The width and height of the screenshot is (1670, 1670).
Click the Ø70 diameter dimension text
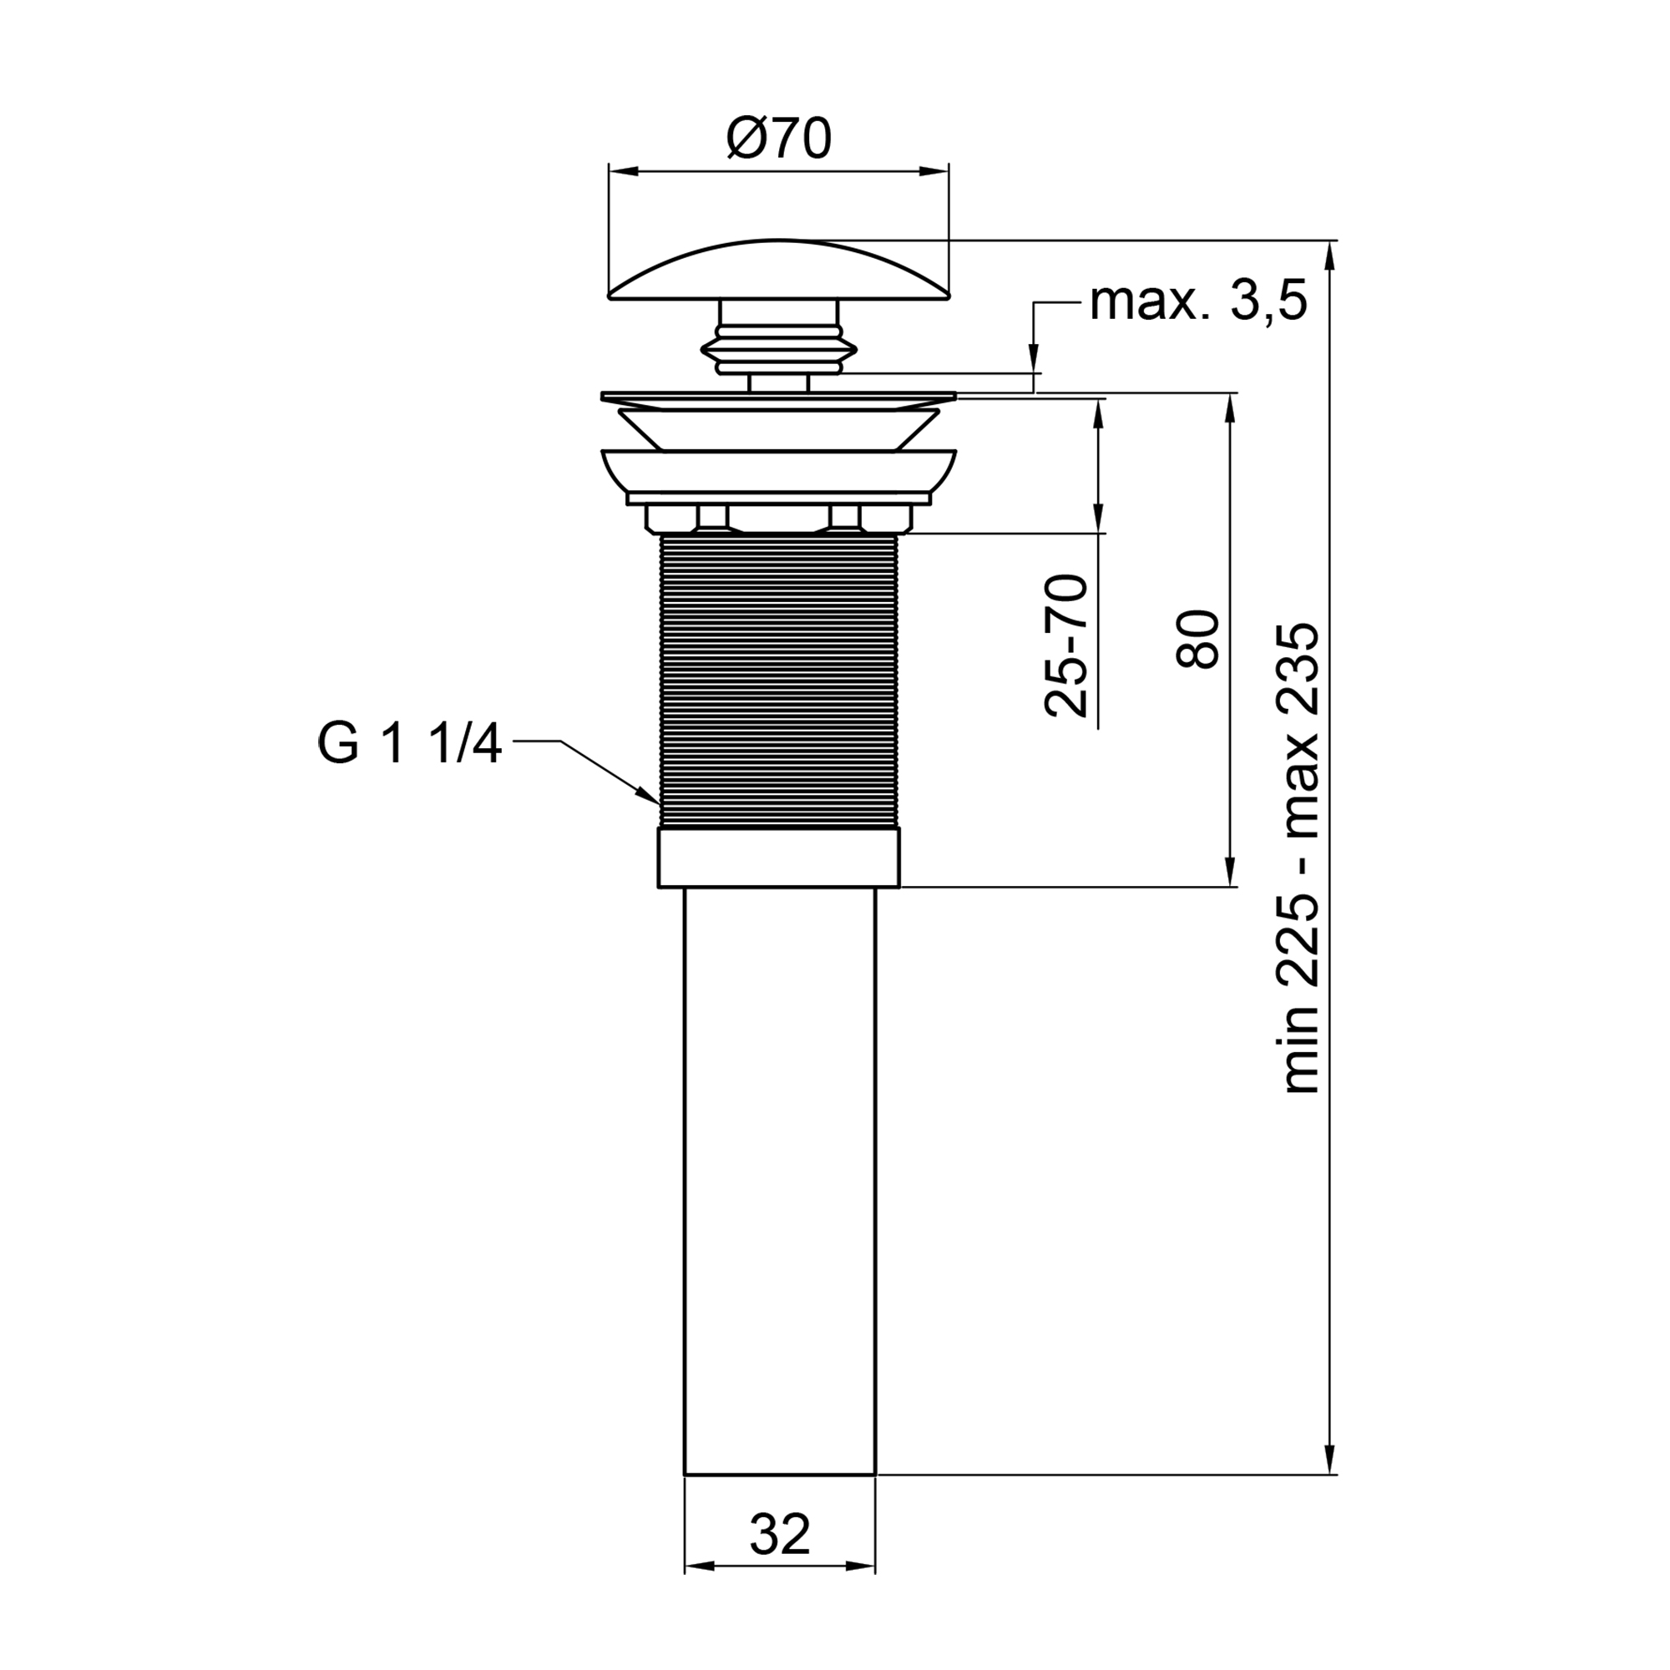click(x=779, y=139)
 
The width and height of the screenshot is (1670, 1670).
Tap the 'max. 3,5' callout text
click(x=1198, y=302)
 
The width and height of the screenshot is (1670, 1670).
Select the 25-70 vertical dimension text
click(x=1066, y=645)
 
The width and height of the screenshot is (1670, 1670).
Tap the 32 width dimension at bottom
click(x=780, y=1534)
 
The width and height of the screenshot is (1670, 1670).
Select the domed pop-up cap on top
click(x=779, y=272)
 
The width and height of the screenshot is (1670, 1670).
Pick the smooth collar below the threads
click(x=779, y=858)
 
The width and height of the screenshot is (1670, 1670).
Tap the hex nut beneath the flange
click(x=779, y=519)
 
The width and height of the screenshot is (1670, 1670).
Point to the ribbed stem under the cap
click(x=779, y=346)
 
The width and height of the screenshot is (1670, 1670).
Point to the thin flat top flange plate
click(x=779, y=397)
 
